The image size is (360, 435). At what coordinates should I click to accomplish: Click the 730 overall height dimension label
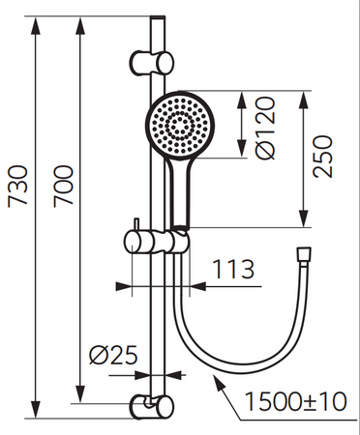click(17, 186)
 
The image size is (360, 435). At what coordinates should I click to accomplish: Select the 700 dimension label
click(63, 186)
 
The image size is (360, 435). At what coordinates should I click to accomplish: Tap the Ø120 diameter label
click(265, 128)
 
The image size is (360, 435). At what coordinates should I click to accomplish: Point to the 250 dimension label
click(322, 157)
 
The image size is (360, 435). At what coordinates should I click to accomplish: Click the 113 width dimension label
click(233, 270)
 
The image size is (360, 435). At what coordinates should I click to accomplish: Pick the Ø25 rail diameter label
click(113, 356)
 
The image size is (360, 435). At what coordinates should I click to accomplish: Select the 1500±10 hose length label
click(295, 401)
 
